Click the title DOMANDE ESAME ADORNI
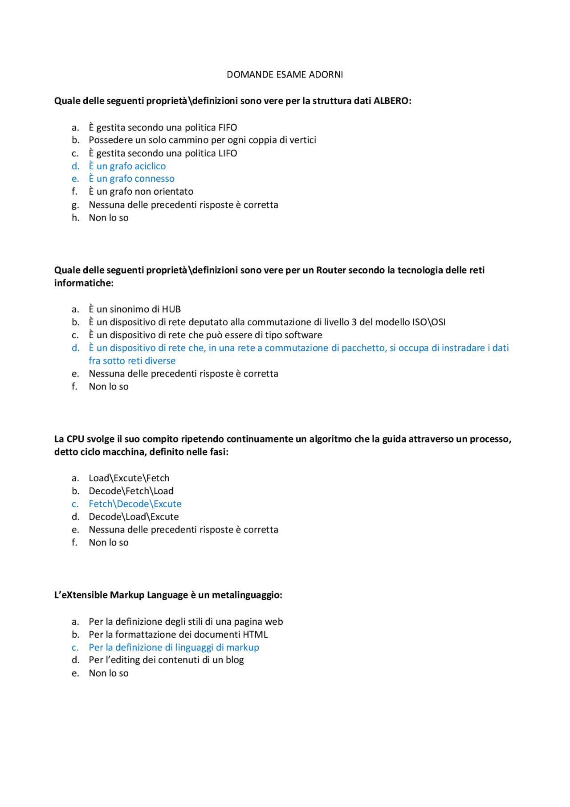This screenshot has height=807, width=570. (x=285, y=74)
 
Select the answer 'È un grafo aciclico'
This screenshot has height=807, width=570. (x=127, y=166)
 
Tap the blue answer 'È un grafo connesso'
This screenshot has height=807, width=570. (x=131, y=179)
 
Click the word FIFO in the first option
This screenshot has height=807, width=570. (x=227, y=127)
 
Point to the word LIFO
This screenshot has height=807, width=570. (x=227, y=153)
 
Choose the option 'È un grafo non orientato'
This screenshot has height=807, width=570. (x=141, y=192)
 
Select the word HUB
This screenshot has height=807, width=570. (x=171, y=309)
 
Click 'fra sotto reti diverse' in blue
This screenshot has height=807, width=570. (x=132, y=361)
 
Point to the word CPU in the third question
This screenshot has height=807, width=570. (x=75, y=439)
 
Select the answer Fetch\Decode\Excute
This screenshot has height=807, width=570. (x=135, y=504)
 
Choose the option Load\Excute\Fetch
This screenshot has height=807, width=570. (x=129, y=478)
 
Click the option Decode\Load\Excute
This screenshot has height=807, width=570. (x=134, y=517)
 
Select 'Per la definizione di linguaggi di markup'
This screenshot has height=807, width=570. (x=174, y=647)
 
